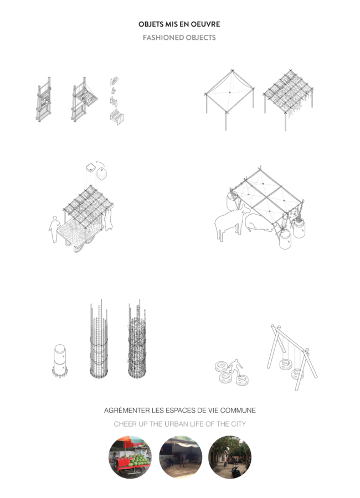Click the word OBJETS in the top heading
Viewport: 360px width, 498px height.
[148, 24]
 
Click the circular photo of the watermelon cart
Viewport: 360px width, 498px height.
[130, 457]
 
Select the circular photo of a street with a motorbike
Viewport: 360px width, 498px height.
[230, 457]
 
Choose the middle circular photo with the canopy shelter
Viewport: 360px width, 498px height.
[181, 457]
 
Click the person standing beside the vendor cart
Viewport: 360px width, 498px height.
[54, 229]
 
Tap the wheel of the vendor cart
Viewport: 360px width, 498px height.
[78, 247]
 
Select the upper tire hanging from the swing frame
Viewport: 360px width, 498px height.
[286, 364]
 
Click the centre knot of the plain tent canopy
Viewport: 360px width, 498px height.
[230, 92]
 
